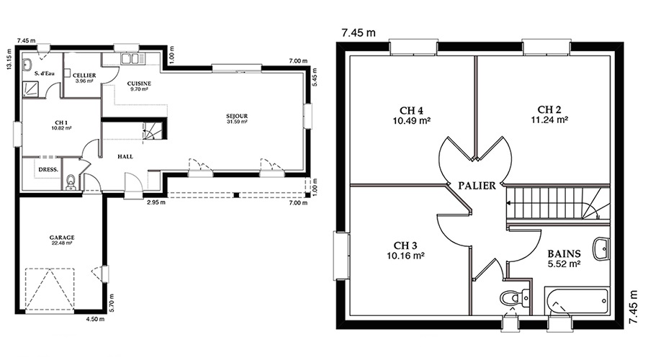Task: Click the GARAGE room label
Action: click(62, 238)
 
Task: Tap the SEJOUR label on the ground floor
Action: click(237, 116)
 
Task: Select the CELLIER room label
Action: click(84, 76)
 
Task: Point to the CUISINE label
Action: click(139, 84)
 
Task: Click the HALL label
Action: click(125, 157)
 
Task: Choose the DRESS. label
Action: click(48, 169)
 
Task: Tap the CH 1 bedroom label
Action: click(61, 122)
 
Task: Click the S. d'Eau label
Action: click(45, 73)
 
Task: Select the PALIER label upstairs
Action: click(477, 186)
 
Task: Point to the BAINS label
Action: click(564, 253)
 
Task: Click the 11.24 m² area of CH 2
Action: click(549, 120)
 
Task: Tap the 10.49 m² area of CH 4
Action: click(412, 121)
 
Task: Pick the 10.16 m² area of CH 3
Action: click(405, 256)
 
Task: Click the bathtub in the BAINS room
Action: click(577, 302)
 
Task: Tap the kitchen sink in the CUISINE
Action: click(132, 59)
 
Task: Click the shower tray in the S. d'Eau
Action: click(31, 89)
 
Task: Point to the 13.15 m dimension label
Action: click(9, 60)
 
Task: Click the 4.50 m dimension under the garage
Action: click(95, 319)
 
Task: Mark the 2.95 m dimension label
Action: click(156, 202)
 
